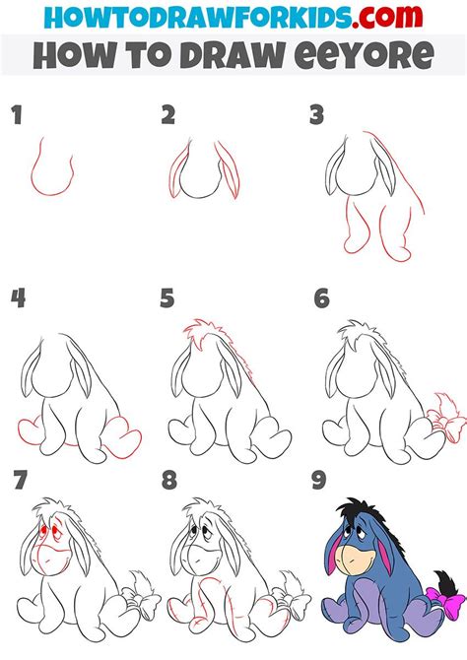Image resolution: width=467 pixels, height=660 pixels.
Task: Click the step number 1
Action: click(16, 116)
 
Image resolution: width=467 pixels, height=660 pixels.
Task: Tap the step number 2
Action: click(168, 116)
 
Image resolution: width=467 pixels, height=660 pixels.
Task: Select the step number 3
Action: click(316, 116)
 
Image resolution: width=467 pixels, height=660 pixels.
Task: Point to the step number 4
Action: click(17, 298)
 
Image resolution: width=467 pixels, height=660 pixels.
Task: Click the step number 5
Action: click(168, 298)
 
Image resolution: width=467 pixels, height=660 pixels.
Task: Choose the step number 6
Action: click(320, 298)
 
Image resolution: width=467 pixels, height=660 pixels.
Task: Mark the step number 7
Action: click(17, 482)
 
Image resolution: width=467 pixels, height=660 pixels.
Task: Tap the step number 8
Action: click(168, 482)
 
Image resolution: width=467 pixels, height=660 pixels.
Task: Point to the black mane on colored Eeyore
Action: click(353, 513)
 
